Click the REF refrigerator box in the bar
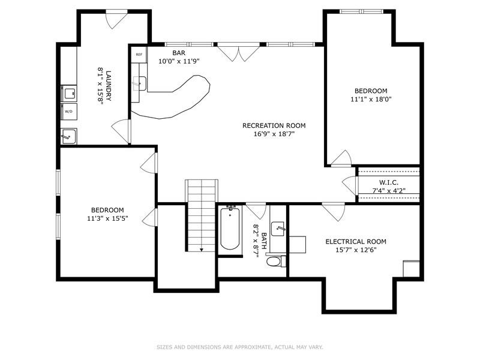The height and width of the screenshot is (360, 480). (139, 55)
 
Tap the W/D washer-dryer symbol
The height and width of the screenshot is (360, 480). (68, 112)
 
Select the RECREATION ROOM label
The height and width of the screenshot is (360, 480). (274, 125)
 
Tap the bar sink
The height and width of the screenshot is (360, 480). (139, 83)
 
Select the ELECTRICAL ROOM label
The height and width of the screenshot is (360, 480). (356, 241)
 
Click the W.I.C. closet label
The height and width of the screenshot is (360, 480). (389, 182)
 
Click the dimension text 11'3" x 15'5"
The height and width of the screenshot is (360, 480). (107, 218)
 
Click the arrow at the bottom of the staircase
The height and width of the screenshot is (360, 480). (202, 249)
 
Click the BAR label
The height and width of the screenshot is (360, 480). (163, 53)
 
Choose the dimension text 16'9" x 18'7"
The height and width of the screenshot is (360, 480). (274, 134)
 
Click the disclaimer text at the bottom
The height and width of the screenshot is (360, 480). (240, 347)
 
